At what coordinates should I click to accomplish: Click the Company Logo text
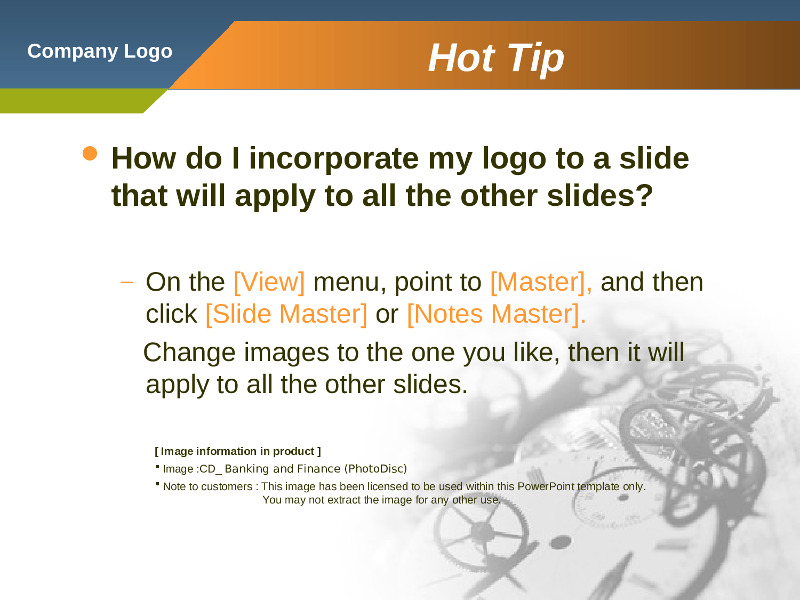[100, 51]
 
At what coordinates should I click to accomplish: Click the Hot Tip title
[495, 58]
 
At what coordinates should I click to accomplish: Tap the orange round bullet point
[90, 153]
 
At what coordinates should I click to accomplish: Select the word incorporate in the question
[333, 158]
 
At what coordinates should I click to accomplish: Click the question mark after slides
[646, 195]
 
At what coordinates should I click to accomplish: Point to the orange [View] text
[269, 282]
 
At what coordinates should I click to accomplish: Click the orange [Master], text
[540, 282]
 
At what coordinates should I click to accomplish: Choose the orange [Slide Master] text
[286, 314]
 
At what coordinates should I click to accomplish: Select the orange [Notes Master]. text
[496, 314]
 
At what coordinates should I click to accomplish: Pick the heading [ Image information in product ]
[238, 451]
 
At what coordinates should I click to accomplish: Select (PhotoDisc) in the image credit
[375, 469]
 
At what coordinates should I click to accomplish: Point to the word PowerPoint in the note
[546, 486]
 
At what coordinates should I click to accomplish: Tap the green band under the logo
[75, 101]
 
